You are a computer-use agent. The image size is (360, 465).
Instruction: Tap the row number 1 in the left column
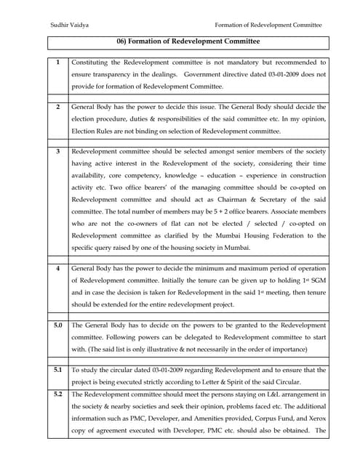[58, 63]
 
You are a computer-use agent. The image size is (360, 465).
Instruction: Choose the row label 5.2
[58, 394]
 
